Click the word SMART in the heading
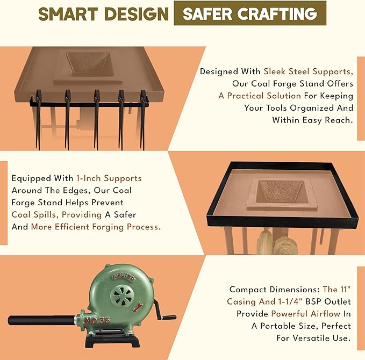(x=68, y=14)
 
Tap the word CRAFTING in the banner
(x=277, y=13)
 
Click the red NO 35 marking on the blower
(x=97, y=321)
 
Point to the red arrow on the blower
(x=137, y=307)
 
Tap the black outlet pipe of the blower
(x=41, y=320)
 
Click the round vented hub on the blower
(x=121, y=296)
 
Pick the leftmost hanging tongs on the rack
(x=38, y=119)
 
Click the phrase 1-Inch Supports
(x=109, y=178)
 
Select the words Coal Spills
(x=34, y=214)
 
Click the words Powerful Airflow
(x=306, y=314)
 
